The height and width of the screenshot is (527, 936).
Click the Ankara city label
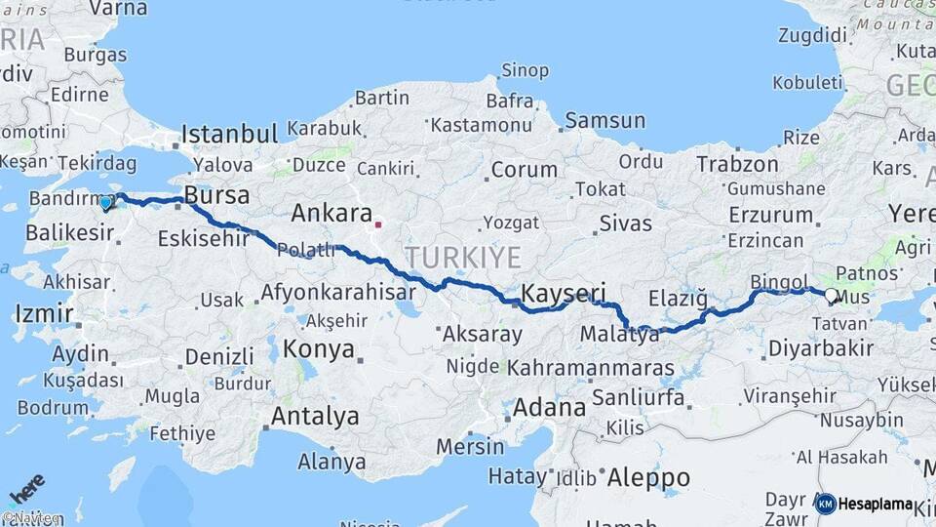[331, 214]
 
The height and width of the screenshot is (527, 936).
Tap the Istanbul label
[230, 134]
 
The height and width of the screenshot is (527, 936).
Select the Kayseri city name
[564, 293]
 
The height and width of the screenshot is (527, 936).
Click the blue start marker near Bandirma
[106, 203]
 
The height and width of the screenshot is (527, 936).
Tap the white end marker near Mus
[831, 295]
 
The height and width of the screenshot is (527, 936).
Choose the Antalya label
[315, 416]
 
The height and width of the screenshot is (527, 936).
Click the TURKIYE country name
[463, 257]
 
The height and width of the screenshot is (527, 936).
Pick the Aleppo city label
[648, 478]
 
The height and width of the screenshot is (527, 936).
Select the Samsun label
[604, 121]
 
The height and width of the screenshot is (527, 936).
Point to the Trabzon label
[737, 164]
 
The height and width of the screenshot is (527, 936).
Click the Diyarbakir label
[820, 347]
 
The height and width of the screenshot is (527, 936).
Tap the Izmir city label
[44, 314]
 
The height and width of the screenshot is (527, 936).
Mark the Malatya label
[619, 335]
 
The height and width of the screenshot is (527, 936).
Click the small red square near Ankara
[378, 224]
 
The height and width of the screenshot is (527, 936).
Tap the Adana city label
[547, 406]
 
